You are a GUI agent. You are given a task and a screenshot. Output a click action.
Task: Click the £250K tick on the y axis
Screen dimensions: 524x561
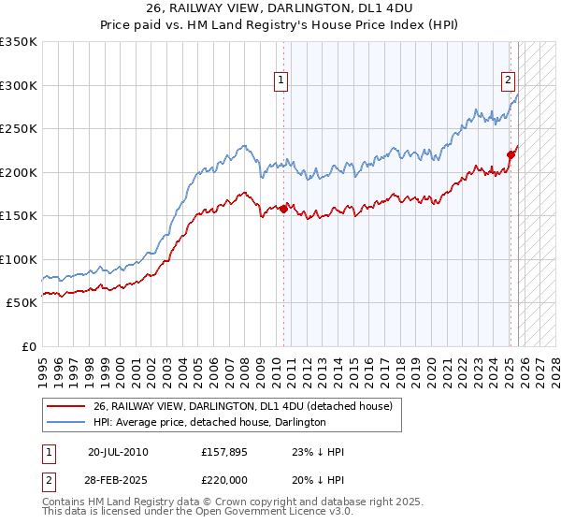pyautogui.click(x=19, y=128)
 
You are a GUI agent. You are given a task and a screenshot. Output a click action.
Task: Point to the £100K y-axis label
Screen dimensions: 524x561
pyautogui.click(x=19, y=259)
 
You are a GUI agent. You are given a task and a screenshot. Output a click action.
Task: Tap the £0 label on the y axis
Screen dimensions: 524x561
pyautogui.click(x=29, y=346)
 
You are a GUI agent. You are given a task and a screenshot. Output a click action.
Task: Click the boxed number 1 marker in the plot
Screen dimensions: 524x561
pyautogui.click(x=280, y=80)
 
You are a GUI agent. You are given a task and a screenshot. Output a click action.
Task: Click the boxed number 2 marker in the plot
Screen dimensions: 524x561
pyautogui.click(x=508, y=80)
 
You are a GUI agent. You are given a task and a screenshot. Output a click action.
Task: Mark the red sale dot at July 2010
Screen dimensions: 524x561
pyautogui.click(x=284, y=209)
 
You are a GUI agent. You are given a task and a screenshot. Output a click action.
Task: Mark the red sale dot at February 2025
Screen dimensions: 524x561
pyautogui.click(x=511, y=154)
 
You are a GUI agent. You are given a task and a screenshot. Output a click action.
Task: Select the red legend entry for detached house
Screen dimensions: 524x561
pyautogui.click(x=248, y=406)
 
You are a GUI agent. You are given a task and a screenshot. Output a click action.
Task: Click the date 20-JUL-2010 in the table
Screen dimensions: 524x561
pyautogui.click(x=117, y=451)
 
